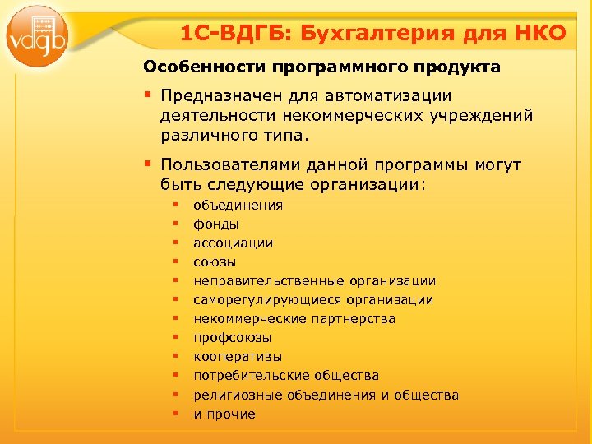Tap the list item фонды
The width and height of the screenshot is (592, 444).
(216, 224)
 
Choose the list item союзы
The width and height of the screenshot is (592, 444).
(215, 262)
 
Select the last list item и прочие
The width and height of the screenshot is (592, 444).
(224, 414)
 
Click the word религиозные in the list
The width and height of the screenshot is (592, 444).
(238, 395)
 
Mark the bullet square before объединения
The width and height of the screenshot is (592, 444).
(175, 206)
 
